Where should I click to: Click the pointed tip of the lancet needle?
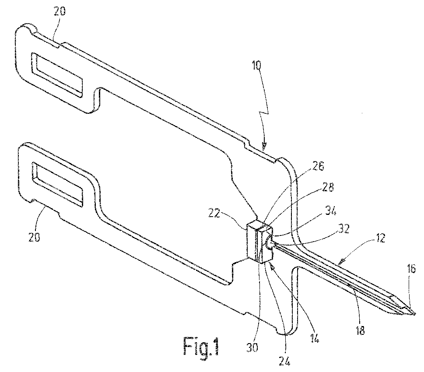[x=413, y=312]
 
